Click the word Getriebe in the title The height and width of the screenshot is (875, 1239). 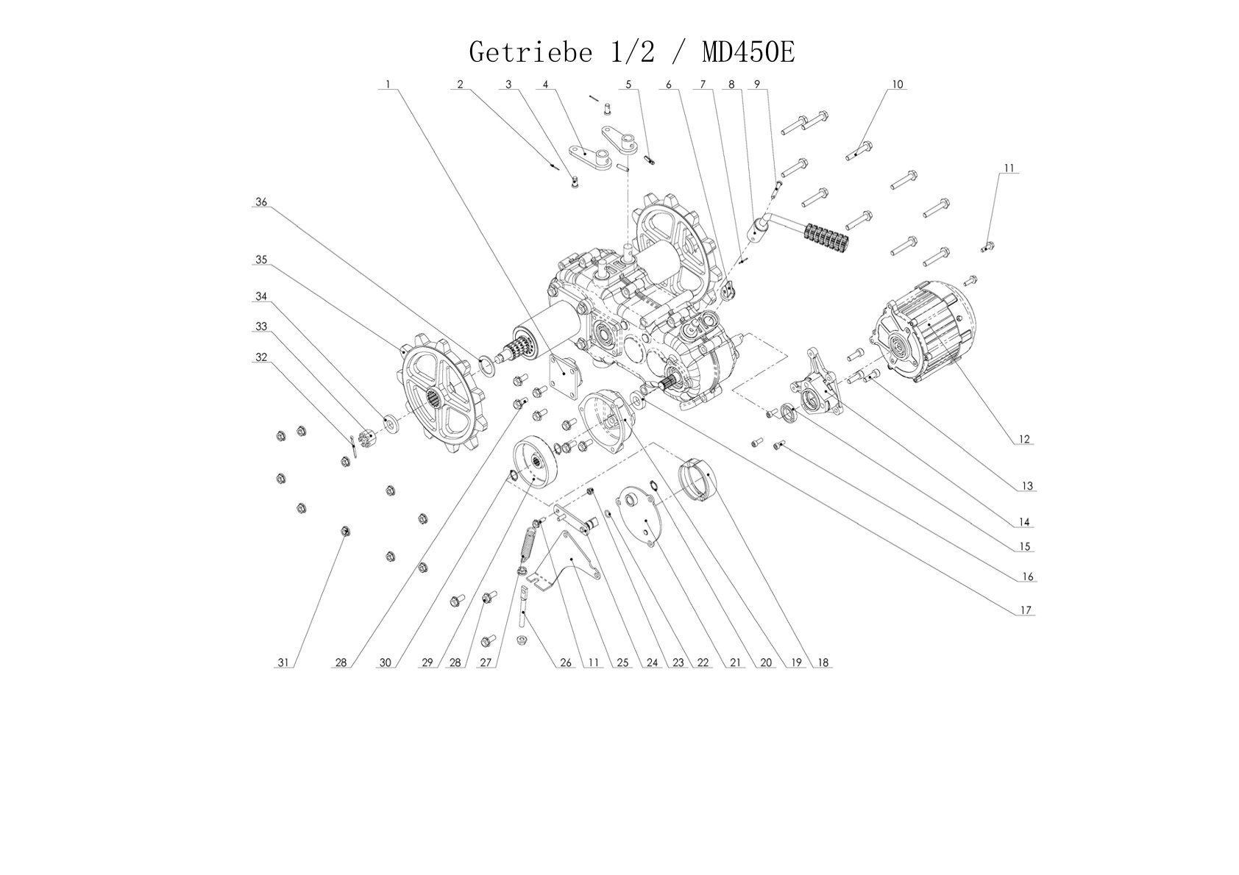point(531,53)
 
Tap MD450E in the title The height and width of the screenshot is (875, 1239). point(748,52)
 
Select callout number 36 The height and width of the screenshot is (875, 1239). point(261,201)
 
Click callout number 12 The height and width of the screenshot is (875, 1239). point(1024,439)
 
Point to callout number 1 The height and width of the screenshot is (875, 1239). point(388,84)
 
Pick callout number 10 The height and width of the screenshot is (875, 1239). point(897,84)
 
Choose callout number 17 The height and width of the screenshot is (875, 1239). point(1026,610)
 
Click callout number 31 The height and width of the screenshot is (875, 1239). point(283,662)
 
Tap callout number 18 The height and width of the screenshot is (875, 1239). point(823,662)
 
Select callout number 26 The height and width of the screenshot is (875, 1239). point(565,662)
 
